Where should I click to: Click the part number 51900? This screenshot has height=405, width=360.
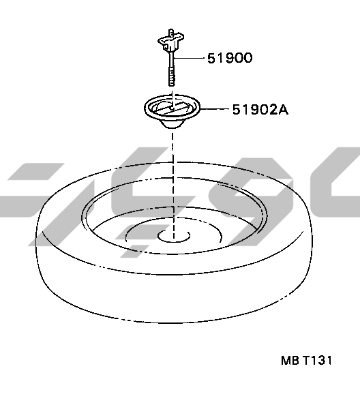[x=230, y=58]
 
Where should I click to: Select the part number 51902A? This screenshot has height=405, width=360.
[x=260, y=110]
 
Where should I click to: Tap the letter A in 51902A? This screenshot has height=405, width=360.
[x=283, y=110]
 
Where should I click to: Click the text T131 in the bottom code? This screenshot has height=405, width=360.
[x=317, y=360]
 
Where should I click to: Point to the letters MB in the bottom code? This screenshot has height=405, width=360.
[x=290, y=360]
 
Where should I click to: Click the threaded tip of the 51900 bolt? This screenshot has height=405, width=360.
[x=172, y=77]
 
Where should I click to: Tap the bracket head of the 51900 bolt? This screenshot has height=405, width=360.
[x=171, y=42]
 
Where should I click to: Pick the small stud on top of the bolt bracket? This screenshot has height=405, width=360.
[x=170, y=32]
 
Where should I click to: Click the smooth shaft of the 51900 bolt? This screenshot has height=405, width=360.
[x=172, y=59]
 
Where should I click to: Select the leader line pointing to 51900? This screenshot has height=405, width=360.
[x=190, y=58]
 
